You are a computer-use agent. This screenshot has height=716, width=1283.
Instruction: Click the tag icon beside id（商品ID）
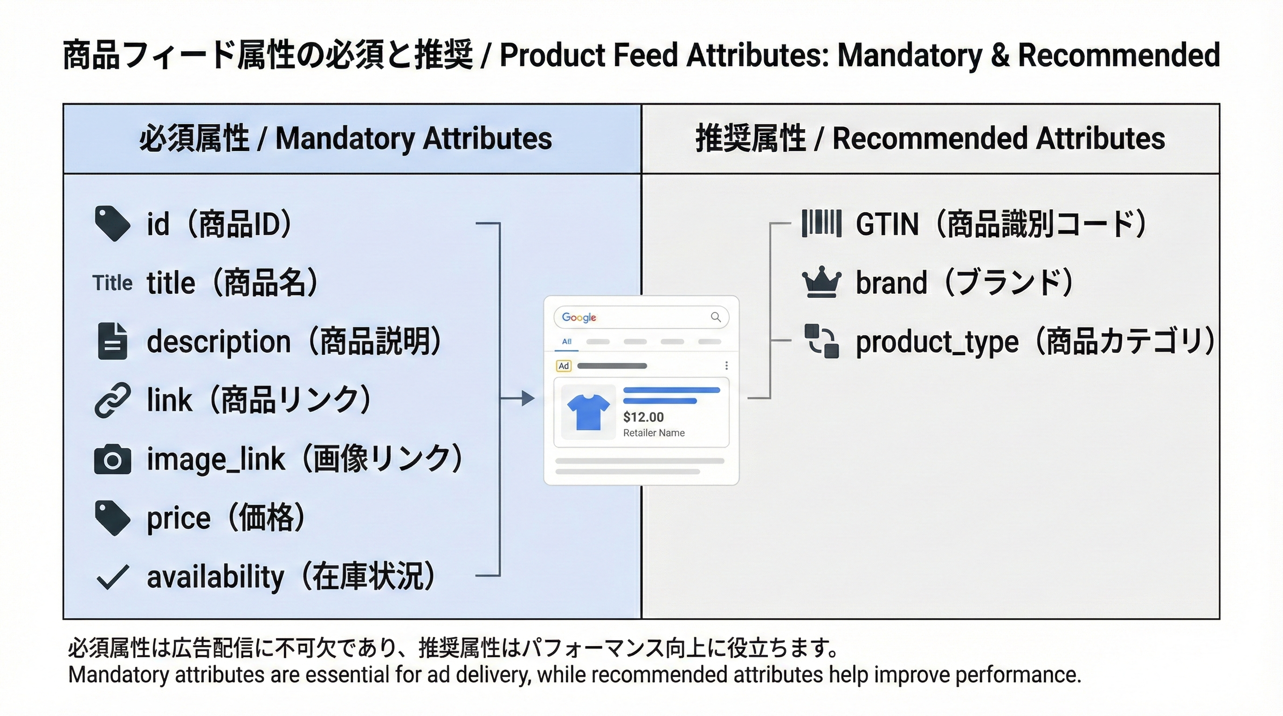112,224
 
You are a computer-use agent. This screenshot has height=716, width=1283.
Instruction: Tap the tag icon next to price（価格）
112,518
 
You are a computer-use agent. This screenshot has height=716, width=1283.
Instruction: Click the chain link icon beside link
112,400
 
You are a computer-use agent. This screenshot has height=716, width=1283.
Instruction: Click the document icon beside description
112,341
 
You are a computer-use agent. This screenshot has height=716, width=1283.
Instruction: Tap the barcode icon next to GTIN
821,223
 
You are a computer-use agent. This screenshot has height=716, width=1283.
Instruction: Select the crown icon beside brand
821,282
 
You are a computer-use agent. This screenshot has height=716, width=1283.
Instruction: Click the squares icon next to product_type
821,341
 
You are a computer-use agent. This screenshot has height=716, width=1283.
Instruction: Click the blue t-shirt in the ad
588,412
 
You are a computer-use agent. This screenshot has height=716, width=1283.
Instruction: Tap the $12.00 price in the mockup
643,417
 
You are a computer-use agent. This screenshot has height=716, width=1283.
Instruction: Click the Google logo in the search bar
579,317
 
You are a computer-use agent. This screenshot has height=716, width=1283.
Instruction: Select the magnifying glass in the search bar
716,317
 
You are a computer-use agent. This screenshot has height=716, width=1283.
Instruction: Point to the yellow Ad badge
563,366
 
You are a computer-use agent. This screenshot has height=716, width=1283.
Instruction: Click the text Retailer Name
654,433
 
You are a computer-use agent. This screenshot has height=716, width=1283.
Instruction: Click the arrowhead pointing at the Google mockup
528,399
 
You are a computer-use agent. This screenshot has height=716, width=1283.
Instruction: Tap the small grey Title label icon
112,283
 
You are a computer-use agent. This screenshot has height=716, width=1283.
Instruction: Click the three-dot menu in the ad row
726,366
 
